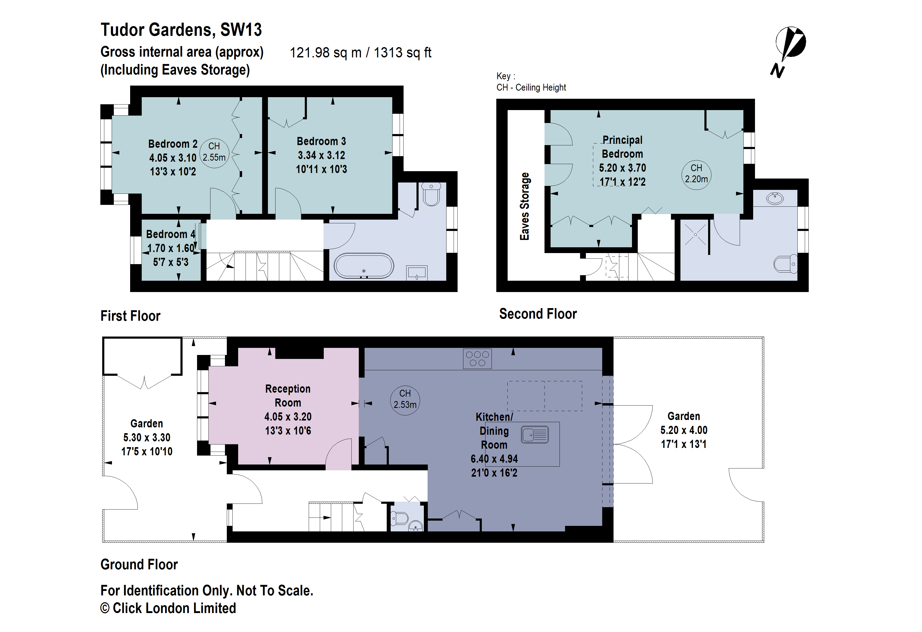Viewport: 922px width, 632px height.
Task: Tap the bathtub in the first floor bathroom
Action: [364, 266]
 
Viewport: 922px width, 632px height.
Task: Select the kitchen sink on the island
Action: [535, 434]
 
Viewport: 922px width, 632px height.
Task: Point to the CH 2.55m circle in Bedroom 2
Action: [214, 152]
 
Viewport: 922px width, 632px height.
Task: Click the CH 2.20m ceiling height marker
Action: [696, 174]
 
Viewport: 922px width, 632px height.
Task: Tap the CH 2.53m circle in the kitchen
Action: [405, 399]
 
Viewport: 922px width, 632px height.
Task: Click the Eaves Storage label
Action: [524, 206]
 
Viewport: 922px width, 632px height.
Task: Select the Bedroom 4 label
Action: [171, 234]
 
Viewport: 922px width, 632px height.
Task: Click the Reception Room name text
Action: [288, 396]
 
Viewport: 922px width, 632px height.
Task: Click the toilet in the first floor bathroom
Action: [431, 194]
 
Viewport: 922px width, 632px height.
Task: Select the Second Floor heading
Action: [538, 314]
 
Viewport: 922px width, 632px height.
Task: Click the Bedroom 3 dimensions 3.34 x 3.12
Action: [321, 155]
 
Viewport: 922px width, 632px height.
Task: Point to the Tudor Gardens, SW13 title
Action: [181, 30]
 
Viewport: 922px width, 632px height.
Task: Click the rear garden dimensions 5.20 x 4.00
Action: [684, 430]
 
